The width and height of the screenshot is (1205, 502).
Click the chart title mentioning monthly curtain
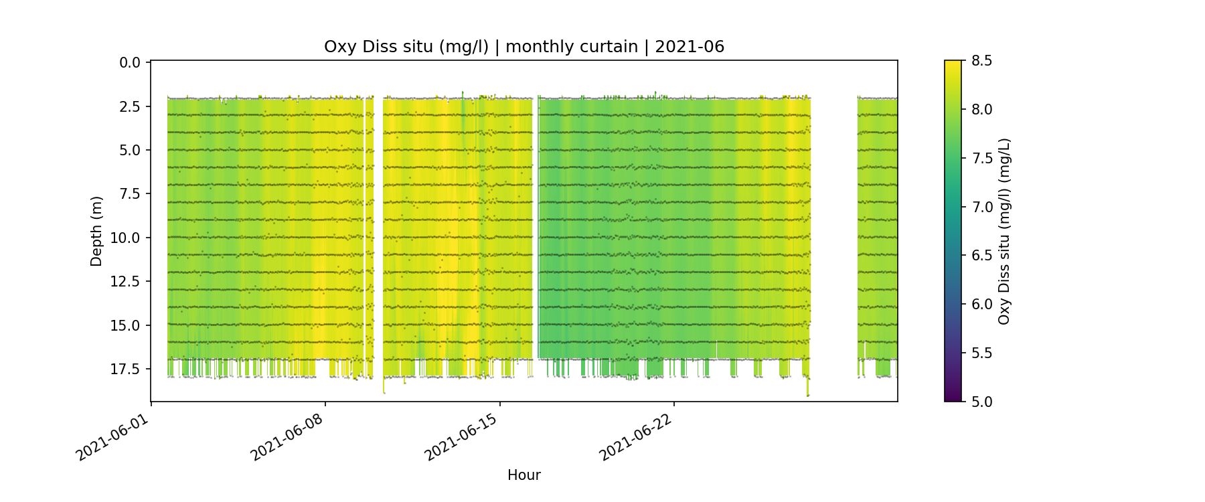524,47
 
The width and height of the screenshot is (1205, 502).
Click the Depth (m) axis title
96,231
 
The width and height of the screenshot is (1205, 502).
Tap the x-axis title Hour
524,475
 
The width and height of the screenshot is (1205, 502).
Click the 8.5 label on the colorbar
981,61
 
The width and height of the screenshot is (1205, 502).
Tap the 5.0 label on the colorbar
981,402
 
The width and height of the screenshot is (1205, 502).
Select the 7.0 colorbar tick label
981,207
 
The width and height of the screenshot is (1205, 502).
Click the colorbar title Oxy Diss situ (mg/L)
1004,231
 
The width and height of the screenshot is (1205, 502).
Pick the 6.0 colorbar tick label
981,305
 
